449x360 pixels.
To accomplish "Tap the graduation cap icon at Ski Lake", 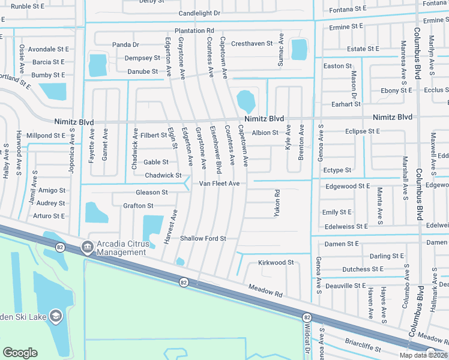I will tap(56, 316).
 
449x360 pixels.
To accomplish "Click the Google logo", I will tap(20, 353).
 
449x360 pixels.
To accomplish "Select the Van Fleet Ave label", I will tap(219, 183).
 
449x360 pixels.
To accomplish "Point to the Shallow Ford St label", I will tap(203, 238).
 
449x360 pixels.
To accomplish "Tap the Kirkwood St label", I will tap(276, 262).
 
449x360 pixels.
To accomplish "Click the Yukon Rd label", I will tap(277, 203).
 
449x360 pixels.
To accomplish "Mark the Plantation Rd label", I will tap(194, 31).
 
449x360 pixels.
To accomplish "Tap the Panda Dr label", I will tap(125, 44).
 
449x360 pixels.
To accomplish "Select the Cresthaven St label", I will tap(252, 44).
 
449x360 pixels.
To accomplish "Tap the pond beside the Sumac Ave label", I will tap(298, 49).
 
